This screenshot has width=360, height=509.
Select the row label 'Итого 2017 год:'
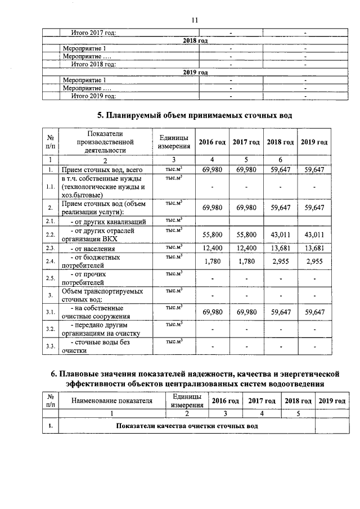[93, 33]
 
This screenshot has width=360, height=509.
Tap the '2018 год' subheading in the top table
[195, 41]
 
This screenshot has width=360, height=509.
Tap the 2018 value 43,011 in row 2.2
[280, 234]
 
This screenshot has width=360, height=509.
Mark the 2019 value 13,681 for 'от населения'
[314, 247]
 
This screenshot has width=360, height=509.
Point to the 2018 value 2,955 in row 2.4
[280, 261]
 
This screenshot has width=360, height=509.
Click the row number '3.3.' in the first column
[50, 346]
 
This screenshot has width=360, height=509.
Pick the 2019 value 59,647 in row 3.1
[314, 312]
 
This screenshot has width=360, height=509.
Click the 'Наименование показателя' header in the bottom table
[112, 400]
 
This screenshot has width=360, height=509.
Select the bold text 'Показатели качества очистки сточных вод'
[187, 426]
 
